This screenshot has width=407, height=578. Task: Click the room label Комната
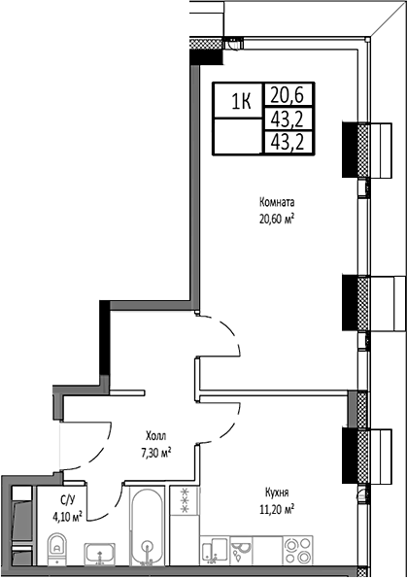tap(277, 202)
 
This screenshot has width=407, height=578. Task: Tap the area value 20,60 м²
tap(277, 218)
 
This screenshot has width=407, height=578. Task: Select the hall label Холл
tap(153, 436)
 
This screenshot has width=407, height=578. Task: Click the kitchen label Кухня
tap(277, 492)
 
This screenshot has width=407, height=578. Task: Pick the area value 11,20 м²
tap(277, 507)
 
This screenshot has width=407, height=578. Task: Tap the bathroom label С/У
tap(67, 499)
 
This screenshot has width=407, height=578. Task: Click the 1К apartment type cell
tap(238, 99)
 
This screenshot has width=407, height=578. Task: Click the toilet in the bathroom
tap(55, 554)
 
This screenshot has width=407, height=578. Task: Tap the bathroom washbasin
tap(97, 555)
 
